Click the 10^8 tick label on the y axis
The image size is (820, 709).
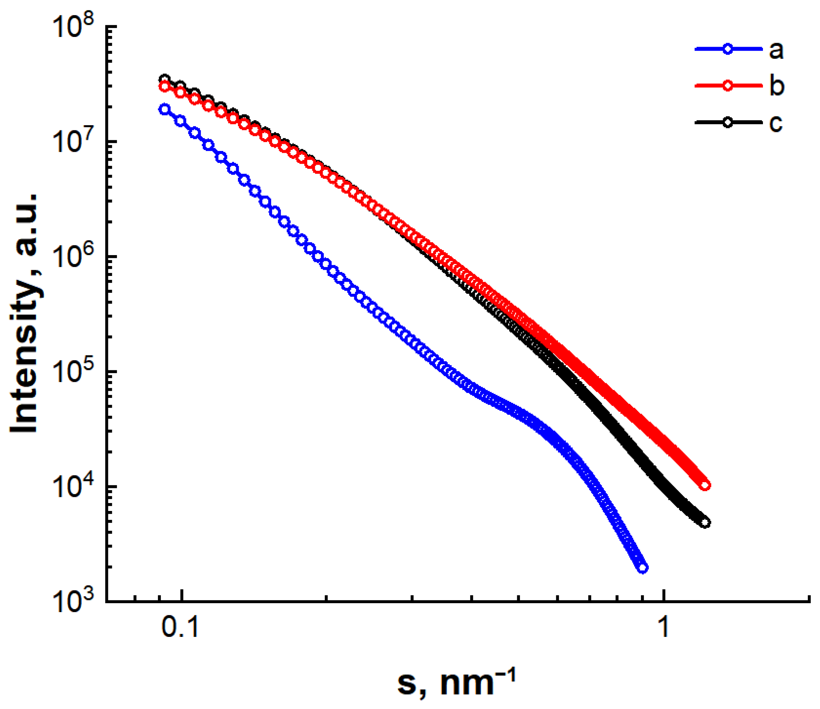pos(75,26)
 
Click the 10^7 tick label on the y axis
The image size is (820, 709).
pos(75,141)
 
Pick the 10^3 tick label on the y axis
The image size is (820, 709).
pos(75,602)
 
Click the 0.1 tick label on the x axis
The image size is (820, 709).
pos(180,627)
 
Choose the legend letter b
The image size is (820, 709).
pos(777,86)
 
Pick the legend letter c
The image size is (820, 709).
pos(776,123)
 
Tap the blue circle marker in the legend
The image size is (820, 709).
pos(727,49)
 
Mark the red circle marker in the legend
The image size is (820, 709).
pos(727,85)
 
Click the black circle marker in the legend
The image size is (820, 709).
pos(727,122)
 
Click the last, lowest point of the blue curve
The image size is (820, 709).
pos(643,568)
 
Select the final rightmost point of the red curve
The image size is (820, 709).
pos(705,485)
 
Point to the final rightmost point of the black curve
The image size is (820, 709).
pos(705,523)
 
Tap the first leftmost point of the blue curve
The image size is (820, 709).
pos(165,109)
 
